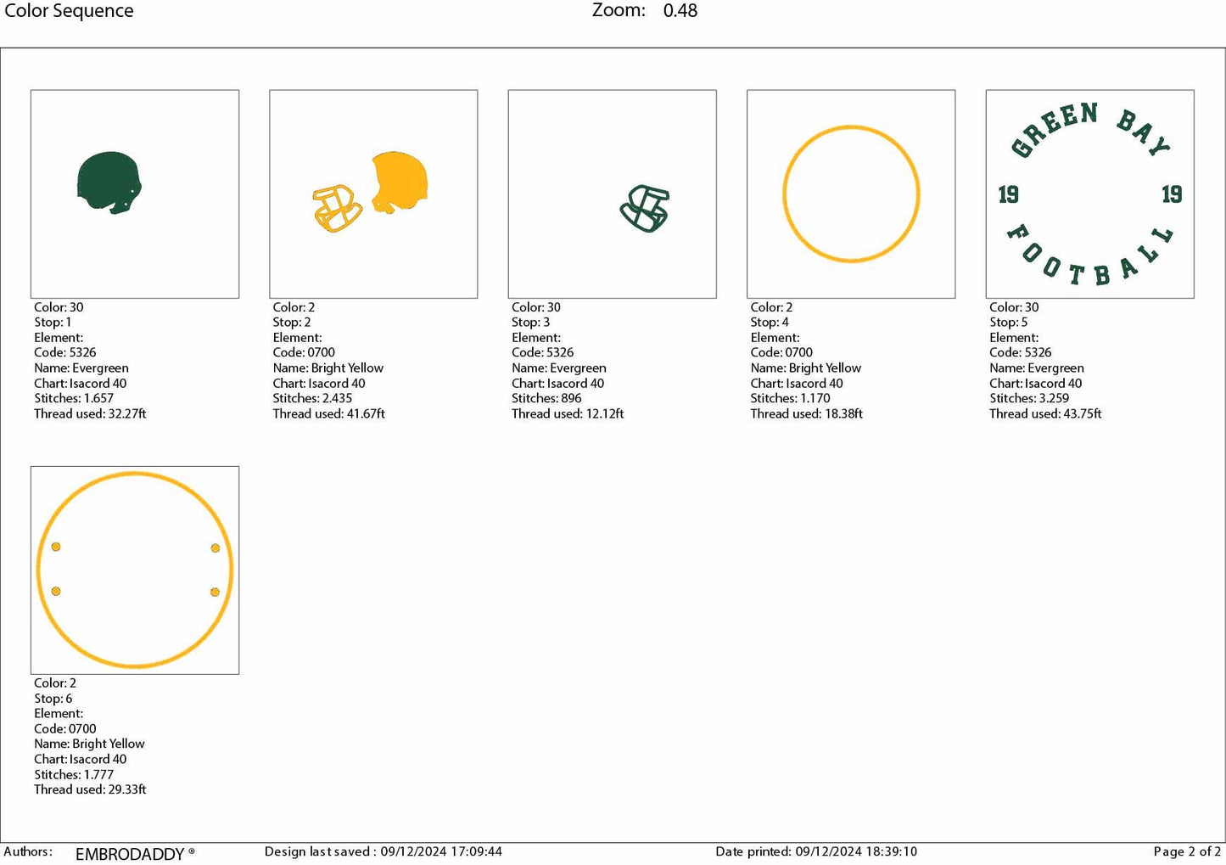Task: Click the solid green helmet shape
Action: pyautogui.click(x=109, y=181)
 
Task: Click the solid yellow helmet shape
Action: pyautogui.click(x=400, y=181)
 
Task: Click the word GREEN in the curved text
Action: pyautogui.click(x=1054, y=129)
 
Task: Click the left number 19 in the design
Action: pyautogui.click(x=1008, y=194)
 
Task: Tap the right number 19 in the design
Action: pyautogui.click(x=1172, y=194)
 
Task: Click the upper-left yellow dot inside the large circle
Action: pyautogui.click(x=56, y=547)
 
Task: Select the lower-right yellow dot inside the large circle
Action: pyautogui.click(x=215, y=592)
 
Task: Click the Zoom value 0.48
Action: pyautogui.click(x=680, y=10)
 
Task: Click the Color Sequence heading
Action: pyautogui.click(x=69, y=11)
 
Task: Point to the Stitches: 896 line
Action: pyautogui.click(x=546, y=398)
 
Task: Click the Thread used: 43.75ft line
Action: pyautogui.click(x=1044, y=413)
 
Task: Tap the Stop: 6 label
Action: pyautogui.click(x=53, y=698)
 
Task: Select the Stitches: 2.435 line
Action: pyautogui.click(x=312, y=398)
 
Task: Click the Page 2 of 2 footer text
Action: pyautogui.click(x=1187, y=851)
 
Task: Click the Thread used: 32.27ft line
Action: pyautogui.click(x=90, y=413)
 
